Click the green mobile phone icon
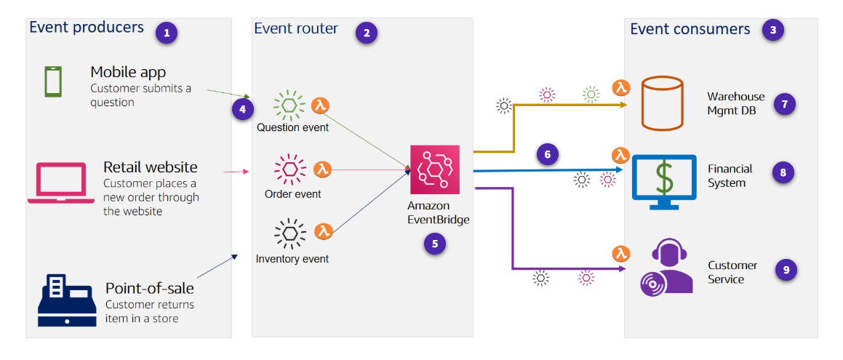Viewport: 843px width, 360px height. pyautogui.click(x=53, y=81)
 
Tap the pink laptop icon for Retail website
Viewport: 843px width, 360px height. pyautogui.click(x=61, y=183)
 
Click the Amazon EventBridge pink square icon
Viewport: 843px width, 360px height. pyautogui.click(x=435, y=169)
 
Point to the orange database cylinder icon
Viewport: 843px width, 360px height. pyautogui.click(x=662, y=104)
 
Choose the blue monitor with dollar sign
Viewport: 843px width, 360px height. pyautogui.click(x=663, y=177)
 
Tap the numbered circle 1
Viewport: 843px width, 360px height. pyautogui.click(x=167, y=32)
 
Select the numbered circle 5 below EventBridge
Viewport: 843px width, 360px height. pyautogui.click(x=435, y=244)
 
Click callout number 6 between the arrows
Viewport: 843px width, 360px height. pyautogui.click(x=547, y=153)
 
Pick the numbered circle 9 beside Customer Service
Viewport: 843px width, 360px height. pyautogui.click(x=786, y=270)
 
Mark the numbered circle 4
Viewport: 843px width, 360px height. pyautogui.click(x=243, y=109)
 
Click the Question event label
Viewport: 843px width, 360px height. pyautogui.click(x=292, y=128)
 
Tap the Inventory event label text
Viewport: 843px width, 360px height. pyautogui.click(x=292, y=259)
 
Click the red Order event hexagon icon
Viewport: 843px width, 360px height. pyautogui.click(x=289, y=169)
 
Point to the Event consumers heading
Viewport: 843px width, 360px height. pyautogui.click(x=690, y=30)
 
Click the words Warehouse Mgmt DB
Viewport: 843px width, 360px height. pyautogui.click(x=736, y=103)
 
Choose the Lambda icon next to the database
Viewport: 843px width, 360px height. pyautogui.click(x=620, y=88)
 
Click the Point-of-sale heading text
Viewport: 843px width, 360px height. pyautogui.click(x=150, y=288)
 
